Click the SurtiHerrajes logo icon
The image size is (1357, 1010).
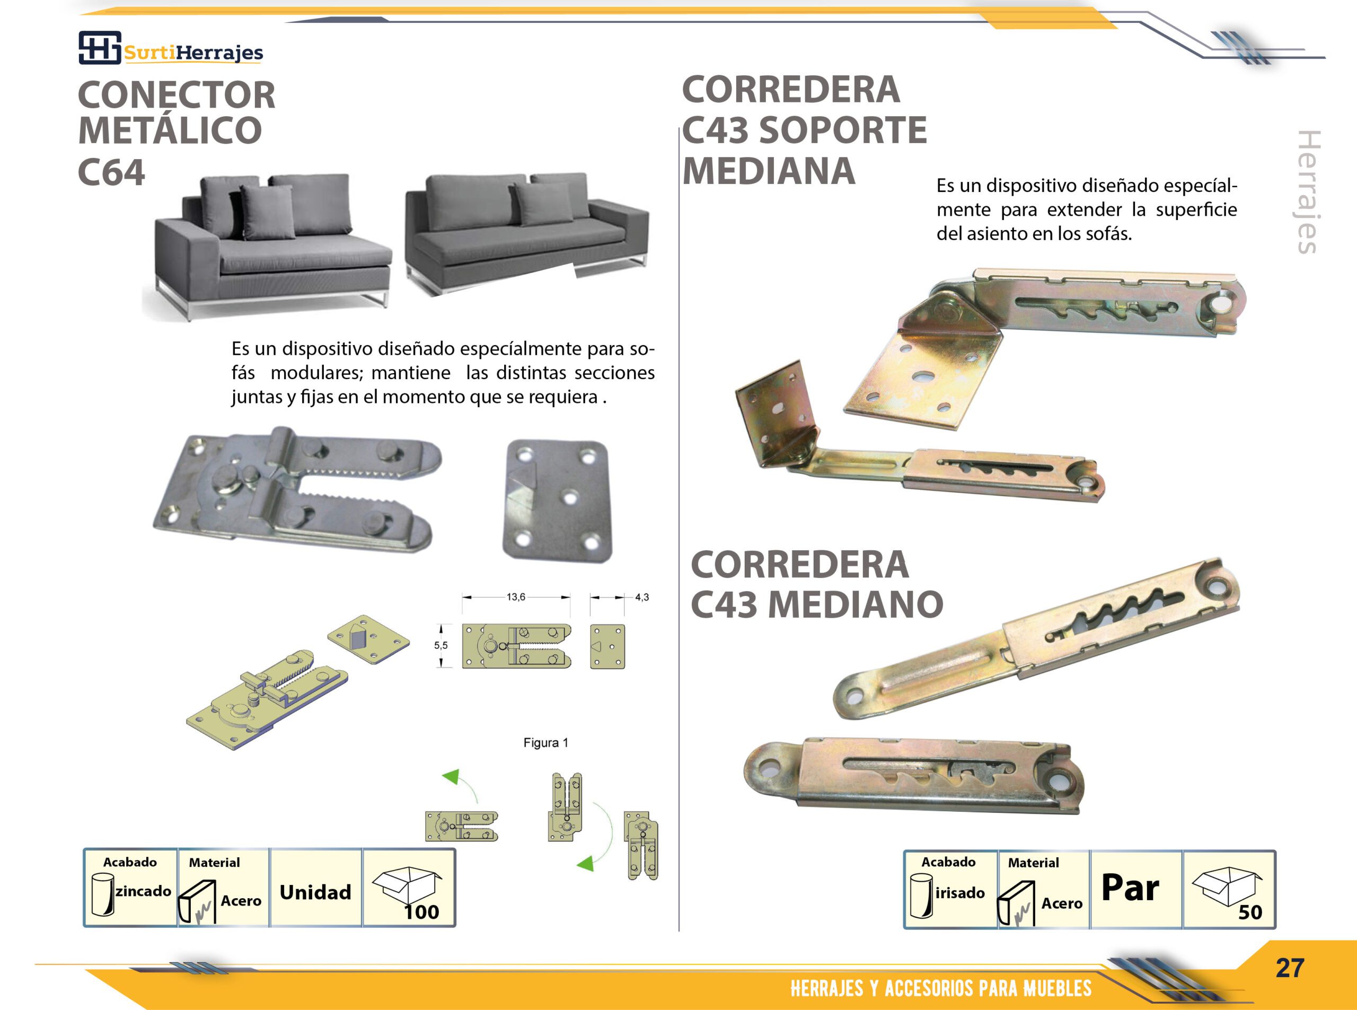point(100,47)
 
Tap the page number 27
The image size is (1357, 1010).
point(1290,968)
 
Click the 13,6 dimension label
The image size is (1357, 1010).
point(515,596)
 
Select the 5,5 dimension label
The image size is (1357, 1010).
point(440,646)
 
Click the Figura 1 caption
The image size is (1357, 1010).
point(546,743)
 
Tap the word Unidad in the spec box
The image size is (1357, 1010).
point(315,892)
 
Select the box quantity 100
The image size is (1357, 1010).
point(422,912)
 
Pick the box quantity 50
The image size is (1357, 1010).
point(1250,912)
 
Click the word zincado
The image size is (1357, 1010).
point(144,891)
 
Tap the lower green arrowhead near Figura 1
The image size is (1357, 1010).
point(586,863)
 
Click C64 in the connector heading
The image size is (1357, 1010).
point(112,172)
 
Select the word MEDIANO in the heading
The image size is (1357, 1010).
point(855,604)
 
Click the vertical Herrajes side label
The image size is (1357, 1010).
point(1309,191)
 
